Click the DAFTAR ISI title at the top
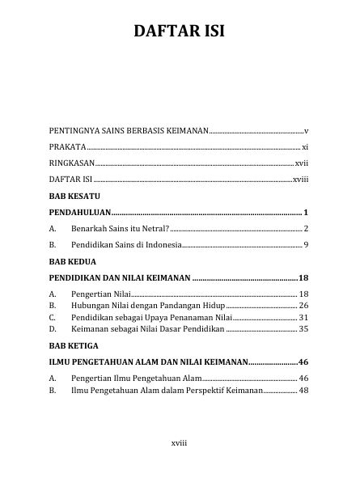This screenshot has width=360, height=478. (x=180, y=32)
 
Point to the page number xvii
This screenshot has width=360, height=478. (x=301, y=163)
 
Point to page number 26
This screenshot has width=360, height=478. (x=303, y=306)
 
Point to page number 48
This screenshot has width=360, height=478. (x=303, y=391)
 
